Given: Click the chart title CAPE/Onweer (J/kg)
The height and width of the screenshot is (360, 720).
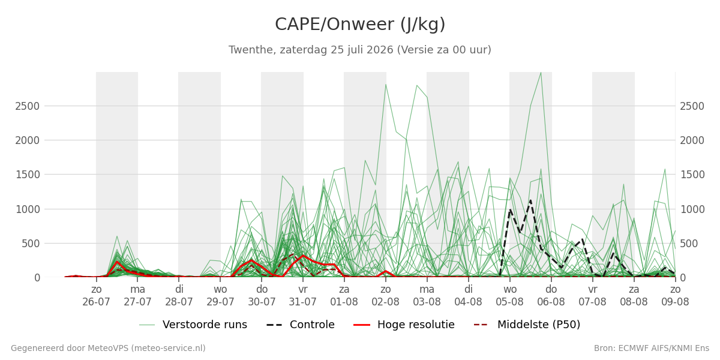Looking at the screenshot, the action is [360, 25].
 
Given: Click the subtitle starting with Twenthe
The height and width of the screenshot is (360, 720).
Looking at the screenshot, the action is [360, 50].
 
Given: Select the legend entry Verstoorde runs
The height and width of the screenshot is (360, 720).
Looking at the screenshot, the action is [193, 325].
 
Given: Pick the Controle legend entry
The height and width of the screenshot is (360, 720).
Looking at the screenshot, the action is [301, 325].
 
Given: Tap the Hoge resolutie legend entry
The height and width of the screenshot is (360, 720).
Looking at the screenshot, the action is [404, 325].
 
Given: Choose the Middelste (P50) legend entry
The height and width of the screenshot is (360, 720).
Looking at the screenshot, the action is [527, 325].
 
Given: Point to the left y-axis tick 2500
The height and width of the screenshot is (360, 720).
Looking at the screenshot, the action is [28, 106].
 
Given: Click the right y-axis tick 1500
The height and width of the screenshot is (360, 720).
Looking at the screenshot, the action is [692, 175].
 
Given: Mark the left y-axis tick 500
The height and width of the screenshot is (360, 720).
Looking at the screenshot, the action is [31, 244].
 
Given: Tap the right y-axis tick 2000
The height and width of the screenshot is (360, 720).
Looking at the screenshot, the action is [692, 140].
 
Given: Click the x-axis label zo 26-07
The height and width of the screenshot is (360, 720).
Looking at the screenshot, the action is [96, 296].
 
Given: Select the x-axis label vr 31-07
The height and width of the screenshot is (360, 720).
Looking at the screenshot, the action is [303, 296].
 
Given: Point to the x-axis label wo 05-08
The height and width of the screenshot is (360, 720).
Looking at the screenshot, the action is [509, 296].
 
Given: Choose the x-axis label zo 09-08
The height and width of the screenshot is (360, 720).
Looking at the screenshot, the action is [675, 296].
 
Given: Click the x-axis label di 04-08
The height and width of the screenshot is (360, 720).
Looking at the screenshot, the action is [469, 296].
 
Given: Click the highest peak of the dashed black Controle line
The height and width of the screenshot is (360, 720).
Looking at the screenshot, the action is [530, 200].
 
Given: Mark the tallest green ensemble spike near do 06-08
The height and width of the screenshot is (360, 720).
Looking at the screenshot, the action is [541, 73].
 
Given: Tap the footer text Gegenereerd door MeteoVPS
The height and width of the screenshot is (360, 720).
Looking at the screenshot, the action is [108, 348].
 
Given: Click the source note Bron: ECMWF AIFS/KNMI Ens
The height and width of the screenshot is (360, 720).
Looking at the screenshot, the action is [652, 348].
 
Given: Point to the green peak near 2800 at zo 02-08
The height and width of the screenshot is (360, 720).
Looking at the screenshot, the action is [385, 85].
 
